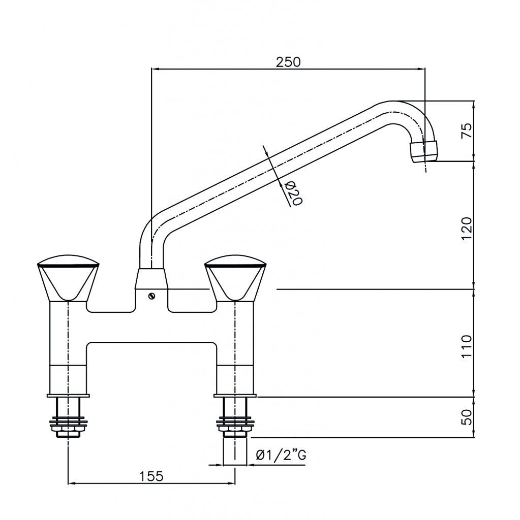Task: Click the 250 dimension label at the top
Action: click(x=288, y=62)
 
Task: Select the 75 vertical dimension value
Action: click(x=467, y=131)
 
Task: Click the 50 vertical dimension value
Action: click(x=467, y=417)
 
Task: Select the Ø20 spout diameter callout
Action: click(x=293, y=193)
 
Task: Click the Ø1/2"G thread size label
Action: click(x=282, y=455)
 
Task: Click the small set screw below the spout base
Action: click(x=151, y=297)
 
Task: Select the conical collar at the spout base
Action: click(x=151, y=279)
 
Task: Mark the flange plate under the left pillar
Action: click(x=68, y=395)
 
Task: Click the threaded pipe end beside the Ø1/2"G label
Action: click(x=234, y=451)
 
